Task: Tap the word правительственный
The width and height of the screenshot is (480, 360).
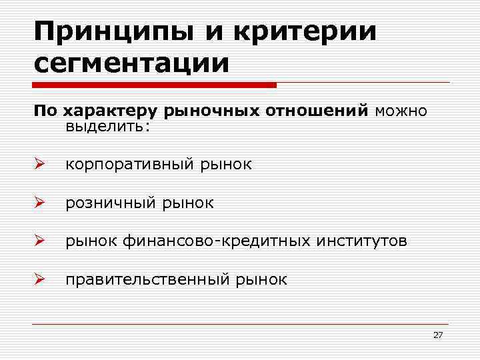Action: point(147,279)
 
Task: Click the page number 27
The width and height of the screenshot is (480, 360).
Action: point(437,335)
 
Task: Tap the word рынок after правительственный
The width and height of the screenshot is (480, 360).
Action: point(261,279)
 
